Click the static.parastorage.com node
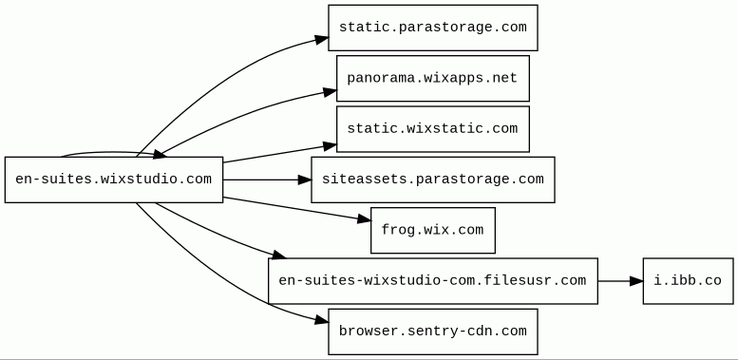[432, 28]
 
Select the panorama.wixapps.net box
[432, 78]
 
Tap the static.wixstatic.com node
[432, 129]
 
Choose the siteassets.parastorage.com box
[432, 180]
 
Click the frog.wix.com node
[432, 230]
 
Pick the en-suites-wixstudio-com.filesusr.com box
[432, 281]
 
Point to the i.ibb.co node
[688, 281]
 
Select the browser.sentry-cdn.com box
[432, 332]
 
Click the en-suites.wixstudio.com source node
[113, 180]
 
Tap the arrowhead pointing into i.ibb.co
[635, 281]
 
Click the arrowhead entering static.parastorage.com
[321, 40]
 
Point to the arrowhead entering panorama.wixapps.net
[330, 91]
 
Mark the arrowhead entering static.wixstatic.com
[330, 146]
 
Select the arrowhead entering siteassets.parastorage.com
[304, 180]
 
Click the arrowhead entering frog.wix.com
[365, 218]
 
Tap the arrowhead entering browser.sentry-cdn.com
[321, 320]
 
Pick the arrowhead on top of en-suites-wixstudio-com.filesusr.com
[278, 256]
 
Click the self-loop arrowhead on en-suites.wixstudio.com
[158, 154]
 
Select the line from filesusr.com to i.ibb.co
[614, 281]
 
